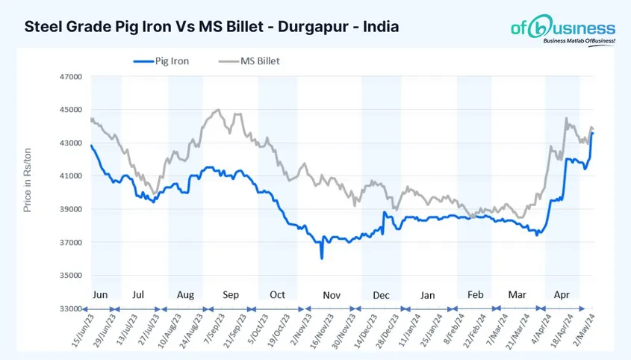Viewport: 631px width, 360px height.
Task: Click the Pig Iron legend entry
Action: (x=161, y=61)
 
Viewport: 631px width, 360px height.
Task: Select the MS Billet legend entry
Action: (x=249, y=61)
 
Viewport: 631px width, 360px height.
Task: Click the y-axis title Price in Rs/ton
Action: (x=28, y=179)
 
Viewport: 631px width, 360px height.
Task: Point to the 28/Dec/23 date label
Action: (x=385, y=330)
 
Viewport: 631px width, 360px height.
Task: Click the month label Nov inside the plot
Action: (x=332, y=295)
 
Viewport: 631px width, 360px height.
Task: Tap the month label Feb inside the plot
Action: (x=476, y=295)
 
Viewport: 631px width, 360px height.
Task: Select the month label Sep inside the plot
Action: (x=231, y=295)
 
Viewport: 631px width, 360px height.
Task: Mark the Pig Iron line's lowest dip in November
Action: (x=322, y=258)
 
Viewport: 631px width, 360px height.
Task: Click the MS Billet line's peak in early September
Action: (x=217, y=111)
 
